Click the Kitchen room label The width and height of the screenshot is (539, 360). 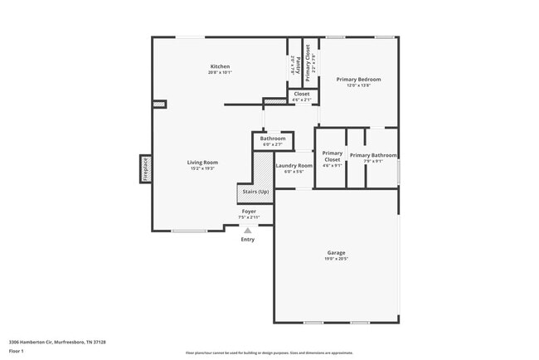[220, 66]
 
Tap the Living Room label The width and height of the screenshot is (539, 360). [202, 162]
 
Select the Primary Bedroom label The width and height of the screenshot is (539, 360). [358, 79]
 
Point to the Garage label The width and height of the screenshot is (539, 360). [336, 252]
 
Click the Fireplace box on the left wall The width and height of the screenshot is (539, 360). [145, 168]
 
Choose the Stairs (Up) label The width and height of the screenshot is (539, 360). [255, 192]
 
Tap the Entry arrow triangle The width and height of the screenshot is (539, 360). [247, 231]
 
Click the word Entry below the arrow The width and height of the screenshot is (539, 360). [247, 240]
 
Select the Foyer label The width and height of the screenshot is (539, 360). [248, 212]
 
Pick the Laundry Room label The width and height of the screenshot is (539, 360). [294, 165]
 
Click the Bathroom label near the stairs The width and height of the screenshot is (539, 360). [273, 139]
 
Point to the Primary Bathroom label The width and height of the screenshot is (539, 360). [372, 155]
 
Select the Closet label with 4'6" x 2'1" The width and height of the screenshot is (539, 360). [302, 94]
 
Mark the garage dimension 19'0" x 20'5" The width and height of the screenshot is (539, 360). [336, 259]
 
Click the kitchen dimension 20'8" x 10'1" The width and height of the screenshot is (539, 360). [220, 73]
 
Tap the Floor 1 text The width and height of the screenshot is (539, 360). [17, 351]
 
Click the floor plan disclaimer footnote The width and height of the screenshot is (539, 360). [269, 352]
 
